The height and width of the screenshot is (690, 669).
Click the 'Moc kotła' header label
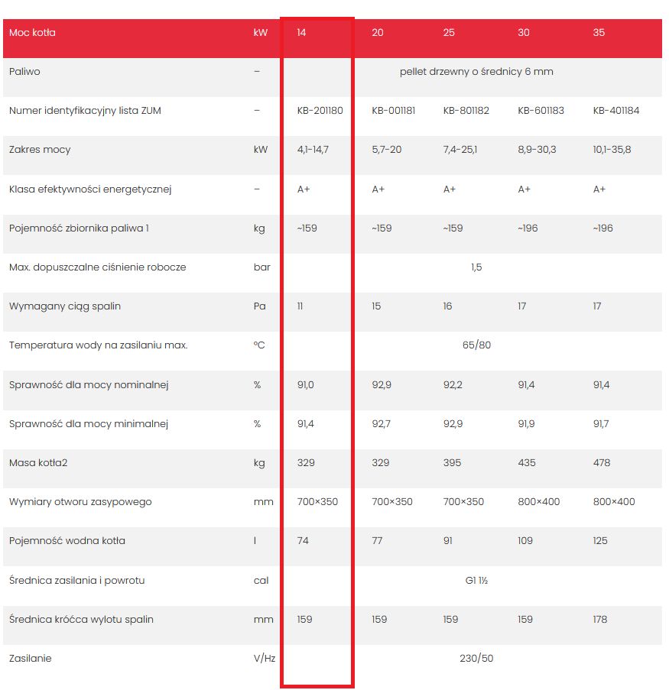tap(32, 33)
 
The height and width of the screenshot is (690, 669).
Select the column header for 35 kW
tap(599, 33)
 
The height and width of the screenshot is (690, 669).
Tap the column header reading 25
tap(449, 33)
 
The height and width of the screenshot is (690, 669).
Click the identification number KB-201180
tap(320, 111)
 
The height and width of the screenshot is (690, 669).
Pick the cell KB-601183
tap(541, 111)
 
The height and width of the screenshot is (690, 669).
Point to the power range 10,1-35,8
tap(612, 150)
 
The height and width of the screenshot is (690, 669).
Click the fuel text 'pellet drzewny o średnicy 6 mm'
tap(476, 72)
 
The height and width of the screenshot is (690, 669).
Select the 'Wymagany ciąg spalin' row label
tap(65, 306)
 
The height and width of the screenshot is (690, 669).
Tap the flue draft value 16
tap(447, 306)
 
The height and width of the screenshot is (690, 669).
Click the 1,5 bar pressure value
tap(476, 267)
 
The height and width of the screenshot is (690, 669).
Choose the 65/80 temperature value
tap(476, 345)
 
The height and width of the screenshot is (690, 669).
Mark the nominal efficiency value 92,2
tap(453, 385)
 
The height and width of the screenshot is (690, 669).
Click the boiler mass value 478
tap(602, 463)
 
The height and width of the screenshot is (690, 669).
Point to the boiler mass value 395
tap(452, 463)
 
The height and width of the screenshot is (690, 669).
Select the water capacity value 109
tap(525, 540)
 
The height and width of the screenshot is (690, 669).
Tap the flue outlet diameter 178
tap(600, 619)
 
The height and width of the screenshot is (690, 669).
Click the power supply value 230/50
tap(476, 659)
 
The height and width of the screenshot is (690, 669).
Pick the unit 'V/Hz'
tap(265, 659)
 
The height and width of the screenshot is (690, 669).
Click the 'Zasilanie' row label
tap(31, 659)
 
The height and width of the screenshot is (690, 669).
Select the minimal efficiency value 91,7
tap(601, 424)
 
